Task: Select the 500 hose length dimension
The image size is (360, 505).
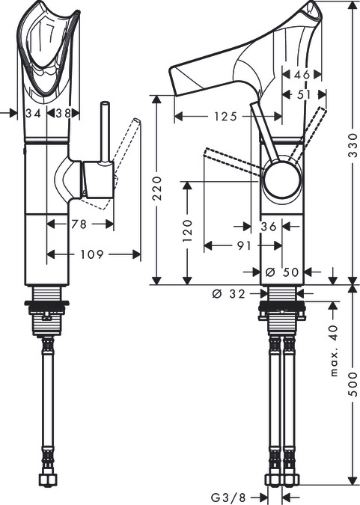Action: pos(353,385)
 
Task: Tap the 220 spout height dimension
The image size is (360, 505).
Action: pos(157,188)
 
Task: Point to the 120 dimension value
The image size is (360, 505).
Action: pos(188,231)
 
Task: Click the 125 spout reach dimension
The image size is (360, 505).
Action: pos(225,116)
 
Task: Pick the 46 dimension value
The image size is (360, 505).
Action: pos(302,75)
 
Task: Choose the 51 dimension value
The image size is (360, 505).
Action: pos(304,95)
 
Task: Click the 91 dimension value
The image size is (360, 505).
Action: pos(244,245)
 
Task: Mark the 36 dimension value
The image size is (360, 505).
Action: pos(269,227)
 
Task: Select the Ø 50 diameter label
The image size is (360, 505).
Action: pos(282,272)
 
